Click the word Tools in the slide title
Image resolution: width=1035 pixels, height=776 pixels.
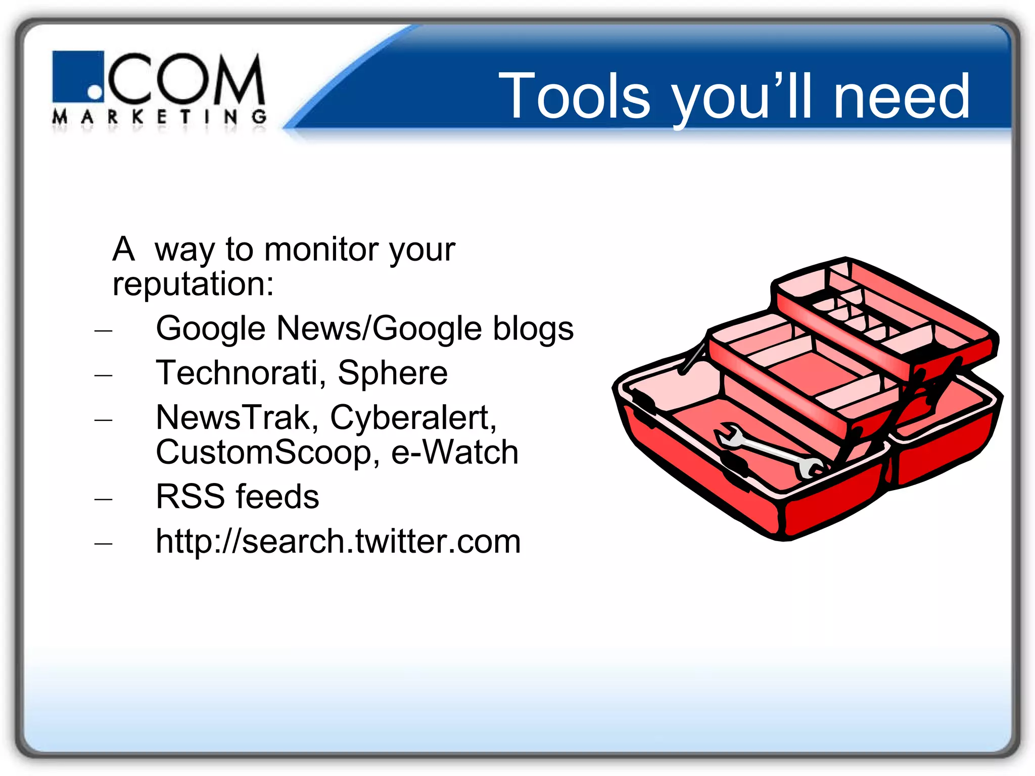tap(574, 96)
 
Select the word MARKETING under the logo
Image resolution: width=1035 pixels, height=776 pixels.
tap(159, 117)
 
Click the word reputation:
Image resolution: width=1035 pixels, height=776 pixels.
tap(193, 284)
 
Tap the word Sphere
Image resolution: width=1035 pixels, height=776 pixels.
tap(393, 373)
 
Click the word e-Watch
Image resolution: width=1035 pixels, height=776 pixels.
tap(455, 452)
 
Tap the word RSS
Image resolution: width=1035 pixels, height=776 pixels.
tap(190, 497)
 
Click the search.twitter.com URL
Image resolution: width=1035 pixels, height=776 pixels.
tap(338, 542)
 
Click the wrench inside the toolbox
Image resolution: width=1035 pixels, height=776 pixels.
tap(768, 450)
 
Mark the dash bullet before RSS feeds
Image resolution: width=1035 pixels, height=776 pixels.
tap(103, 499)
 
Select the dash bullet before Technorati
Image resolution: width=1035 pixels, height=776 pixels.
tap(103, 375)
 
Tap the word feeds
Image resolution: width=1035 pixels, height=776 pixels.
tap(277, 497)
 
